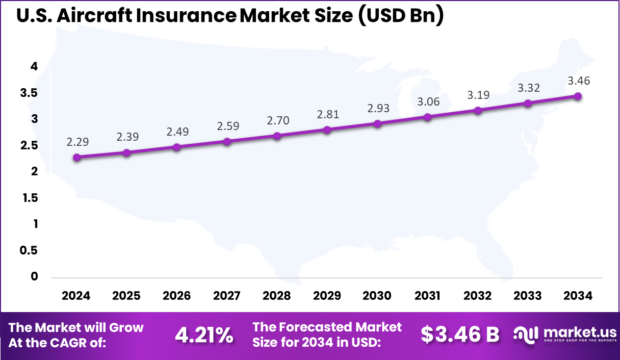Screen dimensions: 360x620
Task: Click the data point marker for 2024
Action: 76,158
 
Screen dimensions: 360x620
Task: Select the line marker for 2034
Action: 578,96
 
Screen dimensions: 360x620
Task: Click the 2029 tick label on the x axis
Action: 327,296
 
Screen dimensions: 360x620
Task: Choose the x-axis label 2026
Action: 176,296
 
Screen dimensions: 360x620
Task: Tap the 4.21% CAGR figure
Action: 204,335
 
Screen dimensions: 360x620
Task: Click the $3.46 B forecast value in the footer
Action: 460,335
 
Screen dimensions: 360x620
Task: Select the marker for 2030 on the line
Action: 377,124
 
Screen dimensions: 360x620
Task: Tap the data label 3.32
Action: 528,88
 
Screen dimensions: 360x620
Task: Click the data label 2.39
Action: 127,137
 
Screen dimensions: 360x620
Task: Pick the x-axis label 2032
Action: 477,296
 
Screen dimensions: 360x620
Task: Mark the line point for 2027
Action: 227,142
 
